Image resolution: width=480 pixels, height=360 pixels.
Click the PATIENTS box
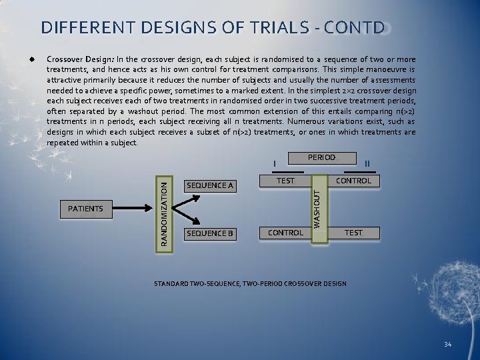tap(86, 209)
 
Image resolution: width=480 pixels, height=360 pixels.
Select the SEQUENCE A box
tap(210, 185)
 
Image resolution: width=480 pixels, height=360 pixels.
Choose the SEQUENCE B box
tap(210, 233)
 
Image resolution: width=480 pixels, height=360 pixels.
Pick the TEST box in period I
tap(285, 181)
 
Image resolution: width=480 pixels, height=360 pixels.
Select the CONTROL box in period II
tap(354, 181)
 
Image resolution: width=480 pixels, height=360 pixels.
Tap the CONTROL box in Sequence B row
tap(285, 233)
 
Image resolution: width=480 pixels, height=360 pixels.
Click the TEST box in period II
tap(353, 233)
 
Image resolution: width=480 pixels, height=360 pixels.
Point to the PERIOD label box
tap(321, 158)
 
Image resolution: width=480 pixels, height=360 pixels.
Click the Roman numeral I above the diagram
tap(275, 165)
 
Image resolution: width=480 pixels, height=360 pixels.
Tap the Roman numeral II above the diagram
tap(367, 164)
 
